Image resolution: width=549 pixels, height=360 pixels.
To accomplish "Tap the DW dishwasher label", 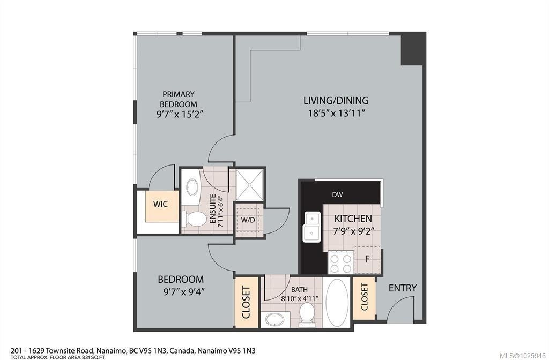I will (x=337, y=195).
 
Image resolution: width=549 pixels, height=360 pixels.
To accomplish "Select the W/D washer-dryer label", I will (x=248, y=220).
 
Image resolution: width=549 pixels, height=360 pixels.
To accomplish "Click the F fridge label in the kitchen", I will (x=368, y=259).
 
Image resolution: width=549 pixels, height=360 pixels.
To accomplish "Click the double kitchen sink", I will (x=312, y=227).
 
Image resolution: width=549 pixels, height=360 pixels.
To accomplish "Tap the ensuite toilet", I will (x=195, y=219).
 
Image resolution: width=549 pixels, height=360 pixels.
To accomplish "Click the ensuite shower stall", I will (x=247, y=184).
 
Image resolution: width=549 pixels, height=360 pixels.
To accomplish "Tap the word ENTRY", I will (x=402, y=288).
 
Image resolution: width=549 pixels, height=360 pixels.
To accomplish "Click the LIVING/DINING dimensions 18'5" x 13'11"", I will (x=336, y=113).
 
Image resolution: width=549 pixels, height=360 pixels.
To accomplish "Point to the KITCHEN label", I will (x=353, y=219).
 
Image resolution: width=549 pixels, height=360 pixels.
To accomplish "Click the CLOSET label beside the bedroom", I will (x=247, y=303).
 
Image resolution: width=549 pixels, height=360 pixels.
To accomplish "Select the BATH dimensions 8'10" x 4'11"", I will (x=300, y=298).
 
